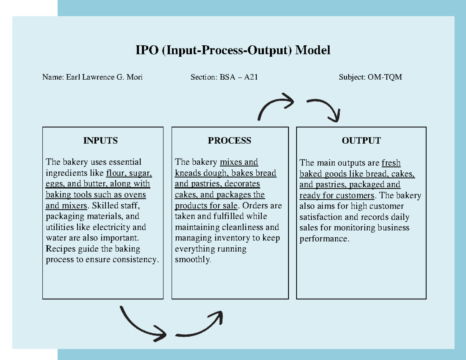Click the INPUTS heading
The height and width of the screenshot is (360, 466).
pos(100,141)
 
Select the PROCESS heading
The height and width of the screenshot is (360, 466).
pos(229,141)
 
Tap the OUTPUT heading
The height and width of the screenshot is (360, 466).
pos(361,141)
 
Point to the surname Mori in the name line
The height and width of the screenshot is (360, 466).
pos(134,77)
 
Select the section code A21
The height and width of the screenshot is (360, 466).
pos(251,77)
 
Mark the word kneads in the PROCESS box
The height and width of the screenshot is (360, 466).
pos(186,173)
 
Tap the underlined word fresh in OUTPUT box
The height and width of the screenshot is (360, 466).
pos(391,163)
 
